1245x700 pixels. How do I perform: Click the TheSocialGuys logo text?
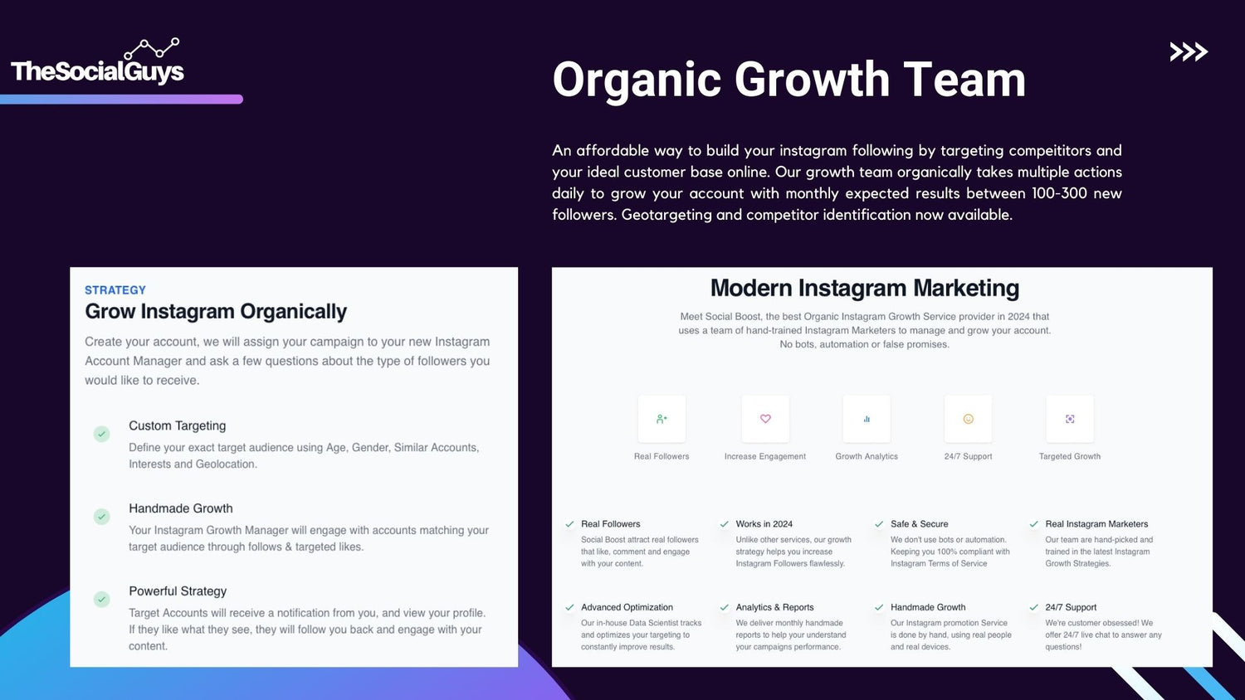click(x=97, y=71)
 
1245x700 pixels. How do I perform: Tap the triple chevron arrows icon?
click(x=1189, y=51)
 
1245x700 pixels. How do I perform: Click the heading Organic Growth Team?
click(x=788, y=80)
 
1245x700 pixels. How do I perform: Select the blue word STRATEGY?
click(x=115, y=290)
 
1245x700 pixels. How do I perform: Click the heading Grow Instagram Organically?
click(x=216, y=312)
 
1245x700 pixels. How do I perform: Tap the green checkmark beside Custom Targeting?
click(x=102, y=434)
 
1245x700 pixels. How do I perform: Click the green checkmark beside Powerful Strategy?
click(x=102, y=600)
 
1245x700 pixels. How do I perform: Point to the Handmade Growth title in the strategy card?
click(x=181, y=508)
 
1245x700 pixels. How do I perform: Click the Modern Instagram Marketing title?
click(x=865, y=288)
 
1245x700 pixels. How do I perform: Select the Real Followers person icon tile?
click(x=662, y=419)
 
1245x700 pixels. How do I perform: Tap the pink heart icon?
click(x=765, y=419)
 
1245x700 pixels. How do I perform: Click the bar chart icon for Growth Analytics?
click(x=867, y=419)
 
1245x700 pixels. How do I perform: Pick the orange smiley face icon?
click(x=969, y=419)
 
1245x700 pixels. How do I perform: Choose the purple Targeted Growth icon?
click(x=1070, y=419)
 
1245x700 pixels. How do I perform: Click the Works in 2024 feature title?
click(x=764, y=524)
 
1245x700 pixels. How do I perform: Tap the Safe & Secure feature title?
click(x=920, y=524)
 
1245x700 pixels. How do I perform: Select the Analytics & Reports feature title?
click(x=774, y=607)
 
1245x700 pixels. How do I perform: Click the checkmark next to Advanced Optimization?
click(x=569, y=607)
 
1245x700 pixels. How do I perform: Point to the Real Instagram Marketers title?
click(x=1096, y=524)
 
